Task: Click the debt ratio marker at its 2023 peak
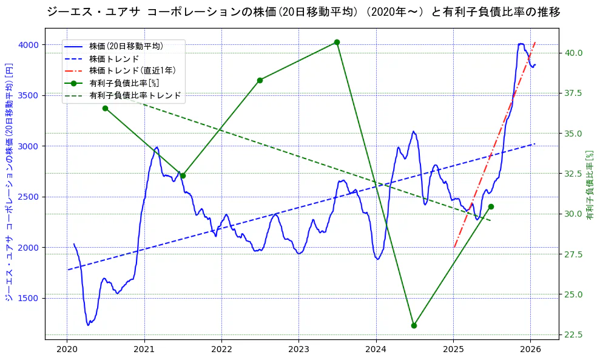pos(337,42)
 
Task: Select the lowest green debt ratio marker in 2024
pos(414,325)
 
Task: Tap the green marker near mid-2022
pos(260,80)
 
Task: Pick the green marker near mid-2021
pos(183,175)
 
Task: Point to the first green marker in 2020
pos(105,108)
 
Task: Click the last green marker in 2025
pos(491,206)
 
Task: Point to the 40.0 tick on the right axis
pos(574,53)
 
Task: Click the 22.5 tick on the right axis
pos(574,335)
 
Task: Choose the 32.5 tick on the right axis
pos(574,174)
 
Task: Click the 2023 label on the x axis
pos(298,349)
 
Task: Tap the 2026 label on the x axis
pos(530,349)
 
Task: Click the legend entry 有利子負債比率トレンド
pos(135,95)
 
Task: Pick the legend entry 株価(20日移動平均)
pos(126,46)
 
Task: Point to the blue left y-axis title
pos(9,182)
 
